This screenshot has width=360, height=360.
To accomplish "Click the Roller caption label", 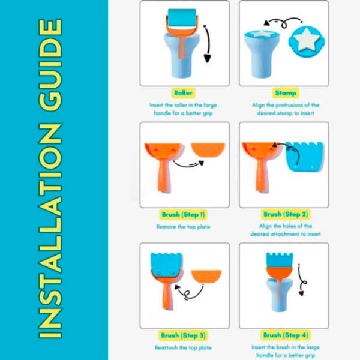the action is click(183, 93).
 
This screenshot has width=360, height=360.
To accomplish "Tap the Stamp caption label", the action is click(286, 93).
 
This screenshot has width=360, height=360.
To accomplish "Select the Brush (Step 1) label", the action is click(183, 215).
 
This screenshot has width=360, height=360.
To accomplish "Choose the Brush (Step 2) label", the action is click(286, 214).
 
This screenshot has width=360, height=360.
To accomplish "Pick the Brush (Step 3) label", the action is click(183, 335).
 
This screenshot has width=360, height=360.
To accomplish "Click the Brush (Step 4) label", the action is click(286, 335).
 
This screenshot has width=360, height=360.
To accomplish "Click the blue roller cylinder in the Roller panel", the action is click(182, 18).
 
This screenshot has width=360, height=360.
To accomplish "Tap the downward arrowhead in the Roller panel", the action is click(207, 59).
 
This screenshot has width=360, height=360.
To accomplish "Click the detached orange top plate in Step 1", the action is click(208, 150).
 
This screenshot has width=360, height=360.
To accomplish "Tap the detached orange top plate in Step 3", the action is click(206, 277).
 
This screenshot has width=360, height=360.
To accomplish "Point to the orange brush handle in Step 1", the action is click(164, 175).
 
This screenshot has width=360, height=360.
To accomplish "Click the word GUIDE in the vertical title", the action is click(50, 64).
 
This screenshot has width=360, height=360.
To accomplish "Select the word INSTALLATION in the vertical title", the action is click(50, 231).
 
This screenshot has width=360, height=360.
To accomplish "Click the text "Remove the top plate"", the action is click(183, 227).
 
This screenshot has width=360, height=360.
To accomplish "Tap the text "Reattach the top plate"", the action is click(183, 347).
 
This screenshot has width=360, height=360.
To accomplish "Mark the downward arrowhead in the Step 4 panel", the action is click(301, 293).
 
